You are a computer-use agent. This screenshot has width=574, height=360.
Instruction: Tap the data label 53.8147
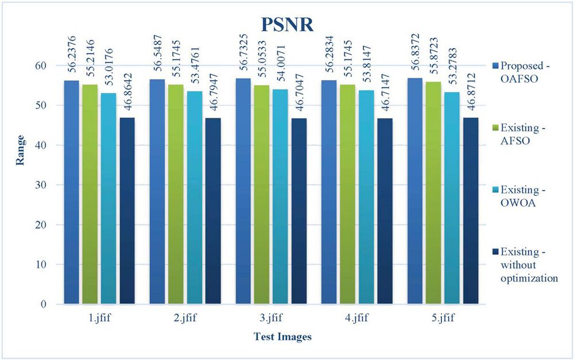(x=366, y=65)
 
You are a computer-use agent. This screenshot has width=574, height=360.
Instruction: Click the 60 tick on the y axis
(x=44, y=65)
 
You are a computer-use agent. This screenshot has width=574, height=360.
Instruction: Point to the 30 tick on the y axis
(x=44, y=185)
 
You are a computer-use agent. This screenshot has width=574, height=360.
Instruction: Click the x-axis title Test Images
(x=282, y=337)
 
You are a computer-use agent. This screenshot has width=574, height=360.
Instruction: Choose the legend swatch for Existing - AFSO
(x=495, y=126)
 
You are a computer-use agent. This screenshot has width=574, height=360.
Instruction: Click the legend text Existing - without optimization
(x=529, y=265)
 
